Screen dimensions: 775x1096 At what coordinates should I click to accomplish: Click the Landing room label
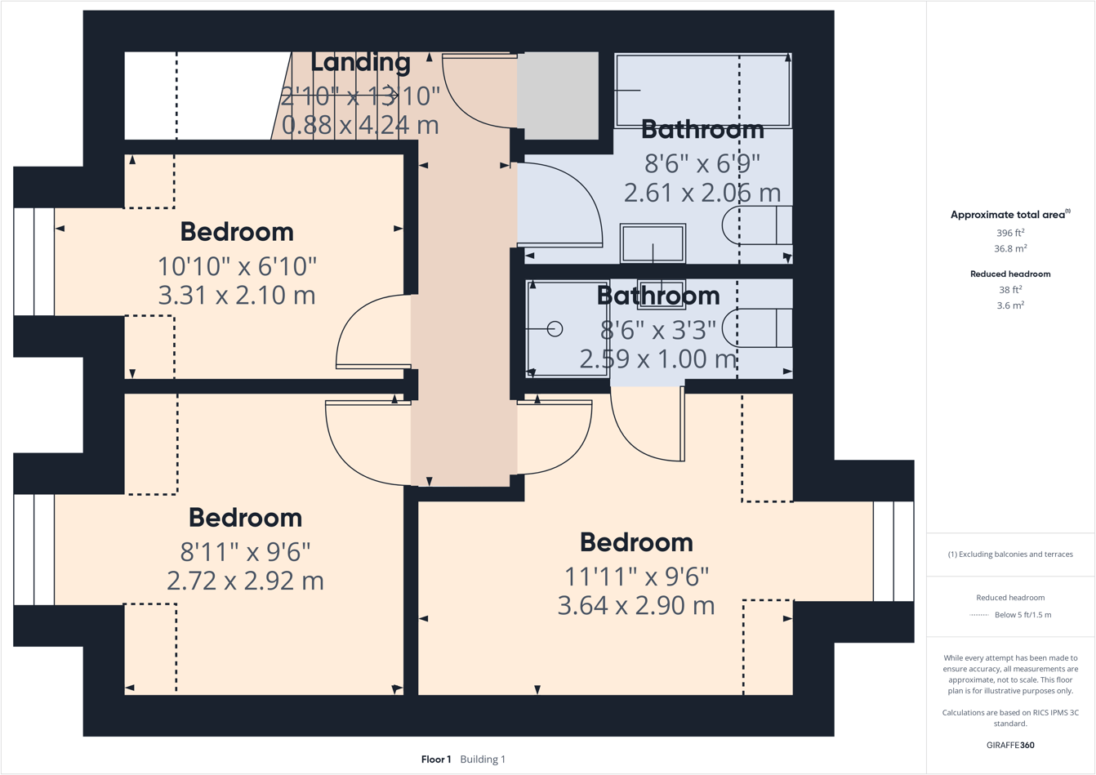(360, 62)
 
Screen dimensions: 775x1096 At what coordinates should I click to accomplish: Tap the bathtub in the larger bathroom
(702, 90)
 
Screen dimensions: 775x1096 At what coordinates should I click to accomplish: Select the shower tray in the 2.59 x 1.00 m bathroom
(568, 328)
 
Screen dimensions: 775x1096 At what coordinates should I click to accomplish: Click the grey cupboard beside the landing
(559, 96)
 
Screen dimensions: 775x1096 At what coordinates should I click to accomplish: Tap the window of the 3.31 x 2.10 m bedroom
(33, 261)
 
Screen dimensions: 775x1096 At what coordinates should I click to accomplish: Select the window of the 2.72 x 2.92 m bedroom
(33, 549)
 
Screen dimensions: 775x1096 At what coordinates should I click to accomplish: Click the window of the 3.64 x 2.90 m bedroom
(893, 550)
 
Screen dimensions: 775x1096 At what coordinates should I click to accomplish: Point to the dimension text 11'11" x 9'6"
(636, 577)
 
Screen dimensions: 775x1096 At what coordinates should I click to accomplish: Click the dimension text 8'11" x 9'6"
(245, 552)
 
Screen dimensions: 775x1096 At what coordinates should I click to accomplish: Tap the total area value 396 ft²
(1010, 233)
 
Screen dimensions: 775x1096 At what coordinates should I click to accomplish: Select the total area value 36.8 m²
(1010, 248)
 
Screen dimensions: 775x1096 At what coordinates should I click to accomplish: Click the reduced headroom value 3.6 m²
(1010, 305)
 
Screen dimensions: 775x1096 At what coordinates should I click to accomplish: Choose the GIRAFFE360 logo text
(1010, 745)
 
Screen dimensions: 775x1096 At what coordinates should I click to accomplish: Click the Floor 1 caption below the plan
(436, 759)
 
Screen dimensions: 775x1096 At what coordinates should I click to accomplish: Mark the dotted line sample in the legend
(978, 615)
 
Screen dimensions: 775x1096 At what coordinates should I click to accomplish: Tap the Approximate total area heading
(1009, 215)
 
